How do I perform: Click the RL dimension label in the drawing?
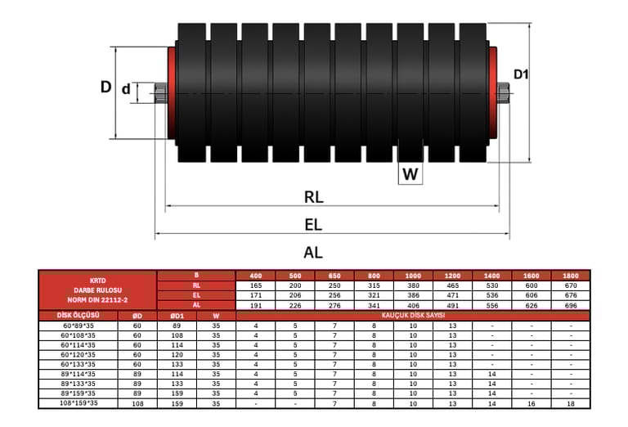[314, 196]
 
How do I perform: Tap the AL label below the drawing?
[313, 253]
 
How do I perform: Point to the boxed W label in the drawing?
[410, 173]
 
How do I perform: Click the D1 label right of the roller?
[521, 74]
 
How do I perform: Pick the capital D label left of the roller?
[105, 87]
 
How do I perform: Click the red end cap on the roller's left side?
[172, 92]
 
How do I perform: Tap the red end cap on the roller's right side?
[493, 92]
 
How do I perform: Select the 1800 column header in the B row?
[570, 276]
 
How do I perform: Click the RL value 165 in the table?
[256, 285]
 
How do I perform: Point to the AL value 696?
[570, 304]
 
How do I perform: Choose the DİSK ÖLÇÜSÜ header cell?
[78, 315]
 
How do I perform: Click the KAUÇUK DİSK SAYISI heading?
[412, 315]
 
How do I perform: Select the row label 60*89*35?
[78, 326]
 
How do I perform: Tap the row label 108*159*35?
[78, 402]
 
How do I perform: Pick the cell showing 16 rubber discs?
[532, 402]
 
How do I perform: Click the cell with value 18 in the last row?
[570, 402]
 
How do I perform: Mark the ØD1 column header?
[176, 315]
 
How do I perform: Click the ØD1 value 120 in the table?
[176, 354]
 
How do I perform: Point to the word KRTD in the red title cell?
[98, 280]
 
